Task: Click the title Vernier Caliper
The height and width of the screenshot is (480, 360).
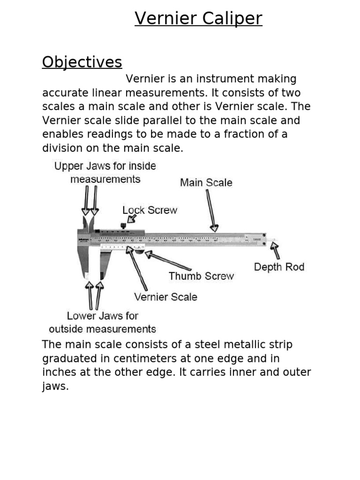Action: tap(198, 19)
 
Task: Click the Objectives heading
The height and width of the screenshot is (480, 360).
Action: tap(82, 62)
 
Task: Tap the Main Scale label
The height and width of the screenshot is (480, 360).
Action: tap(206, 182)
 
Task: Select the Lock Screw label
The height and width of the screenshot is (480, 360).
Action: tap(150, 210)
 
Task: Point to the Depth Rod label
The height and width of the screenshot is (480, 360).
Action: tap(279, 267)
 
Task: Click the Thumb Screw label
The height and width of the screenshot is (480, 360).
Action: tap(201, 276)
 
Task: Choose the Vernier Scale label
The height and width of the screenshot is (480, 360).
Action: tap(165, 297)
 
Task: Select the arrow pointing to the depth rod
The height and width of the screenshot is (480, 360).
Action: tap(275, 251)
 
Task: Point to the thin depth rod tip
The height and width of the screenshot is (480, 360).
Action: tap(274, 241)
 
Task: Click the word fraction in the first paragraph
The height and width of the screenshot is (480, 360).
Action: tap(258, 134)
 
